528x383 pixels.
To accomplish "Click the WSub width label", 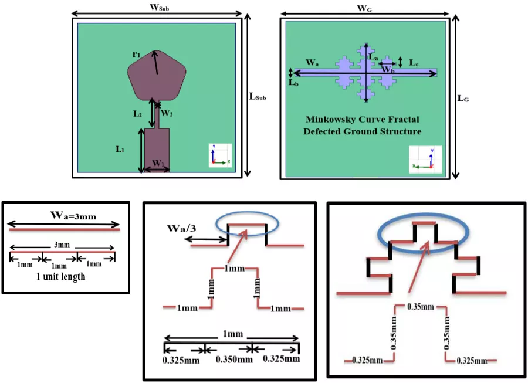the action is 159,8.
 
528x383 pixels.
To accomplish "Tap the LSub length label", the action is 258,97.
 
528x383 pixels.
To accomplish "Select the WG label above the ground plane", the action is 364,8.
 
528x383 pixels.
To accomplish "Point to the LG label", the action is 463,99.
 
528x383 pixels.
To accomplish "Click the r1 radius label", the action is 136,54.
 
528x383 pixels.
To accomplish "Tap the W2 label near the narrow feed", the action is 167,113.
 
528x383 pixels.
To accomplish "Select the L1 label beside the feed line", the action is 120,149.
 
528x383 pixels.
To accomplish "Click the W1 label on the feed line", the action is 158,164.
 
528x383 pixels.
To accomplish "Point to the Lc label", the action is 414,63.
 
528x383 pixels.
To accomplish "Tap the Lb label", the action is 294,83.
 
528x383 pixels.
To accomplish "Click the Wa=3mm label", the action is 73,215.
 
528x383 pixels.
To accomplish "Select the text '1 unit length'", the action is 60,277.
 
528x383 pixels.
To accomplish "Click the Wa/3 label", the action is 181,229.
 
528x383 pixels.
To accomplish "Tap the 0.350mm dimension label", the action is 234,360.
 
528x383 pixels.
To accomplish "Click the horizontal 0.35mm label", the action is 421,307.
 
